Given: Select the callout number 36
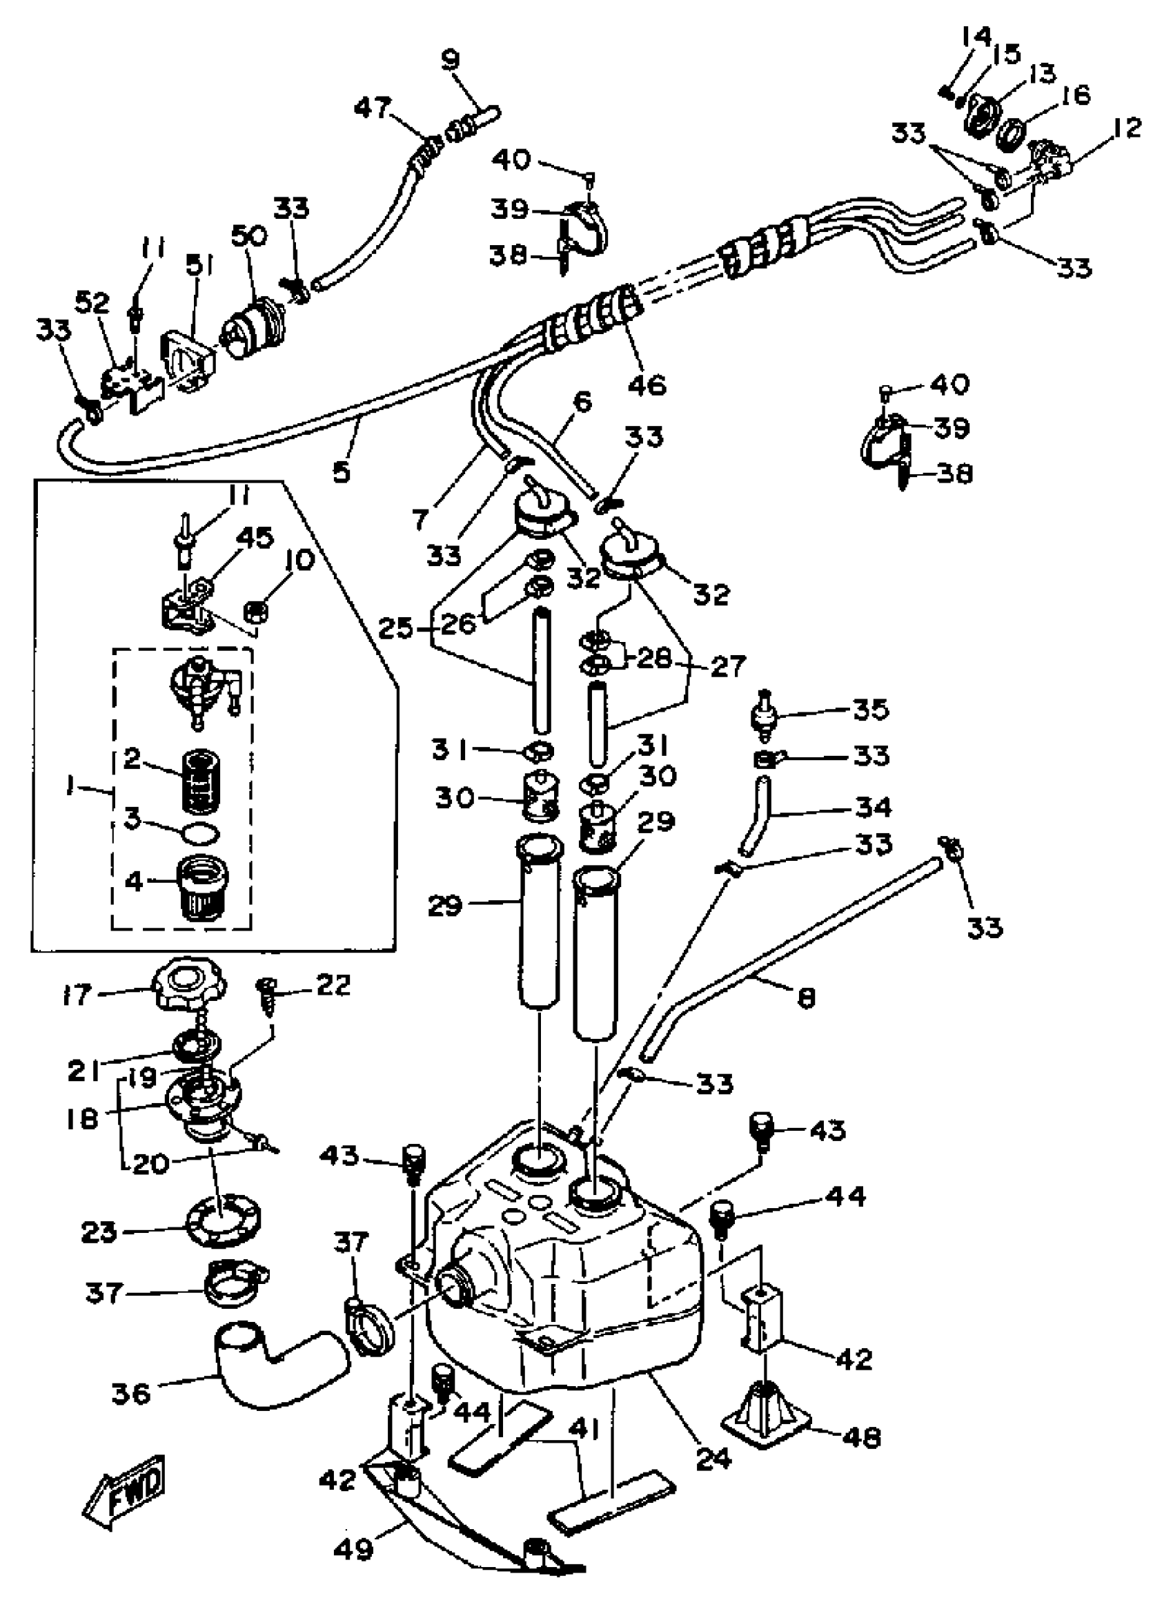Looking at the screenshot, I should click(x=131, y=1392).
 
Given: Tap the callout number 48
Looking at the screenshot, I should click(x=862, y=1437).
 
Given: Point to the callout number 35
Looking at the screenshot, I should click(x=870, y=709).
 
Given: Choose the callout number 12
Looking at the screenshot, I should click(x=1122, y=127).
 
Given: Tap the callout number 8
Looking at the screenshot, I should click(x=806, y=998).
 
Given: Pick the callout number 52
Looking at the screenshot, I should click(x=93, y=303).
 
